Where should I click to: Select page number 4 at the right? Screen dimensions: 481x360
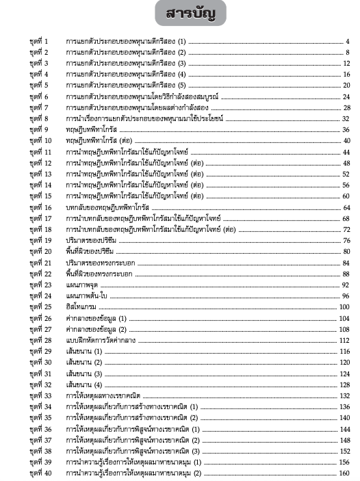point(348,42)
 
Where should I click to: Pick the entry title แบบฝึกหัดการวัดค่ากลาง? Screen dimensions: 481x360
point(100,340)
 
